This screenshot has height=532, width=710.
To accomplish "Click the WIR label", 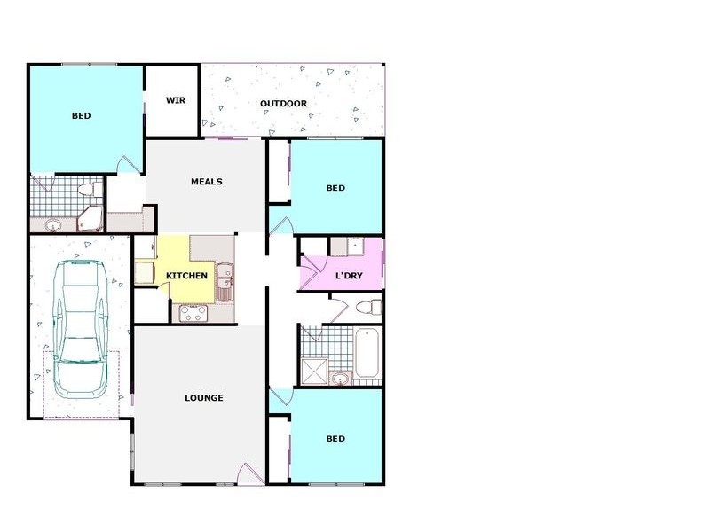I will (175, 99).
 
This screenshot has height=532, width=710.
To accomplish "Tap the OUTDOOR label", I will (283, 104).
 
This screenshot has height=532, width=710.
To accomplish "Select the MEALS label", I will (207, 182).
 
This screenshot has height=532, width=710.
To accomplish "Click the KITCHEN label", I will (187, 276).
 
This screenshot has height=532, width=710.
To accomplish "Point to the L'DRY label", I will (347, 276).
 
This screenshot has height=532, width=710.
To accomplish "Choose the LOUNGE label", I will (204, 398).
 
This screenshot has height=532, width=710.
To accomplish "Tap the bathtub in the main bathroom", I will (367, 353).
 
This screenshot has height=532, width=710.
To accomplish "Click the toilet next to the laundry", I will (365, 308).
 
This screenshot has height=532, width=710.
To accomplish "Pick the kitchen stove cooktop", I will (193, 312).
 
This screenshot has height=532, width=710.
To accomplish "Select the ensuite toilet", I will (86, 189).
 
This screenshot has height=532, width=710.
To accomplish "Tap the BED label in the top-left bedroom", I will (82, 116).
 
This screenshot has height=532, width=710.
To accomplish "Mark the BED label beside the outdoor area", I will (335, 188).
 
